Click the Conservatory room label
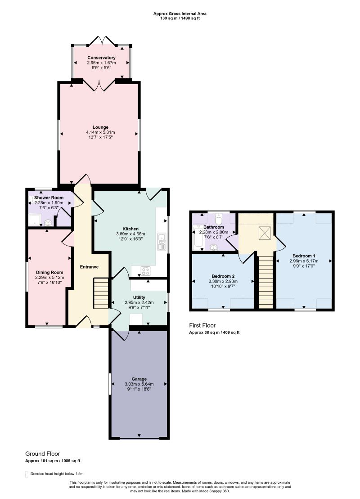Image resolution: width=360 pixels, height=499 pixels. [x=101, y=58]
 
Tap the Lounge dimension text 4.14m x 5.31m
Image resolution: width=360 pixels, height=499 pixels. [x=100, y=132]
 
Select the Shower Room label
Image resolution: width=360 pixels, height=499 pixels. [x=49, y=198]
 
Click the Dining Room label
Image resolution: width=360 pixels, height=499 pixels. [x=49, y=272]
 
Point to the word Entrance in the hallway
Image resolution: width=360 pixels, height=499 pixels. [x=89, y=267]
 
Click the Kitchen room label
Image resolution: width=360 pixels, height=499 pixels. [x=130, y=229]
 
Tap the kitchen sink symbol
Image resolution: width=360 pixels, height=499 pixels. [x=162, y=241]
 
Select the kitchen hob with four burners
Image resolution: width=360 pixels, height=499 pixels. [x=146, y=271]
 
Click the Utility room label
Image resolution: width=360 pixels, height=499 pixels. [x=139, y=297]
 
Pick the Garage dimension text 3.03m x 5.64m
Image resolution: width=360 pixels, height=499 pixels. [x=139, y=384]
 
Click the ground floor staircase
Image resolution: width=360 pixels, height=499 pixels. [x=102, y=293]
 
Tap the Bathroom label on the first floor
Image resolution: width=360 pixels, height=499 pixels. [x=214, y=227]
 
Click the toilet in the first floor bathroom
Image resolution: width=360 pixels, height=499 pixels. [x=219, y=218]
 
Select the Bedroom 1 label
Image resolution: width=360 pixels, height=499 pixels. [x=304, y=256]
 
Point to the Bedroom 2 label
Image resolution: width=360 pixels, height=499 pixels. [x=223, y=276]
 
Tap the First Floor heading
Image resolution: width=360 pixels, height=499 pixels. [x=202, y=325]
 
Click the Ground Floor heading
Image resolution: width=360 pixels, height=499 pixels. [x=43, y=454]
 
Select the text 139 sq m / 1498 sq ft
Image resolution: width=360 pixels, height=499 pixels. [x=180, y=18]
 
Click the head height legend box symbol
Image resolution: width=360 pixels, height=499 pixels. [x=27, y=474]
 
